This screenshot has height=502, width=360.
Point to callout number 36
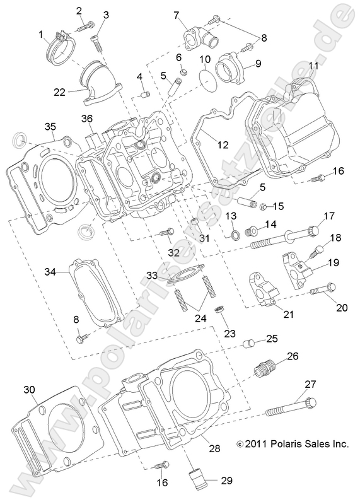point(87,119)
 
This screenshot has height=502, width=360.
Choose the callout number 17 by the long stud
point(328,216)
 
